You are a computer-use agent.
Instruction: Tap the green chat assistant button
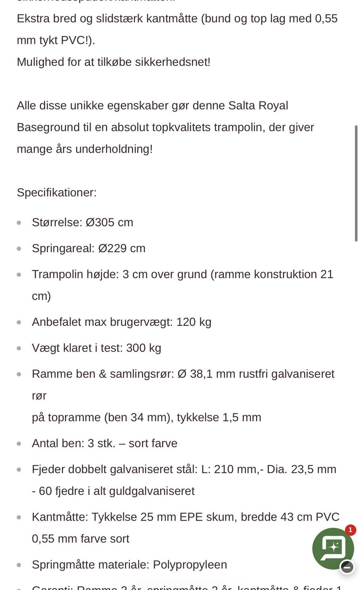[x=333, y=548]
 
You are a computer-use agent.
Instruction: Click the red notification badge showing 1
[x=350, y=530]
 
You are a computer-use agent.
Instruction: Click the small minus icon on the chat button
[x=347, y=567]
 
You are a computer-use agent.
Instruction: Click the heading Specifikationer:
[x=57, y=193]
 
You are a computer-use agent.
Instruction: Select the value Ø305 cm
[x=109, y=222]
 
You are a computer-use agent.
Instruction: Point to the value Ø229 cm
[x=122, y=248]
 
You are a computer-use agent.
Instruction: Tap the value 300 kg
[x=144, y=348]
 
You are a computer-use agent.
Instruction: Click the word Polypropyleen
[x=190, y=565]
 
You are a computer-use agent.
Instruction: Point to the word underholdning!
[x=114, y=149]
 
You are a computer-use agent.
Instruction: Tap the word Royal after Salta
[x=273, y=106]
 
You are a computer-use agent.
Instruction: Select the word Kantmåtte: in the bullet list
[x=60, y=517]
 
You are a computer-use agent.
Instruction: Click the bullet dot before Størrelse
[x=19, y=223]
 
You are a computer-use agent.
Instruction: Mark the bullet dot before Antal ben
[x=19, y=443]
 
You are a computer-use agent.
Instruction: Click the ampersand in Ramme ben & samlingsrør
[x=103, y=374]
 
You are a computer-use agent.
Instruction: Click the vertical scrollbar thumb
[x=356, y=184]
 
